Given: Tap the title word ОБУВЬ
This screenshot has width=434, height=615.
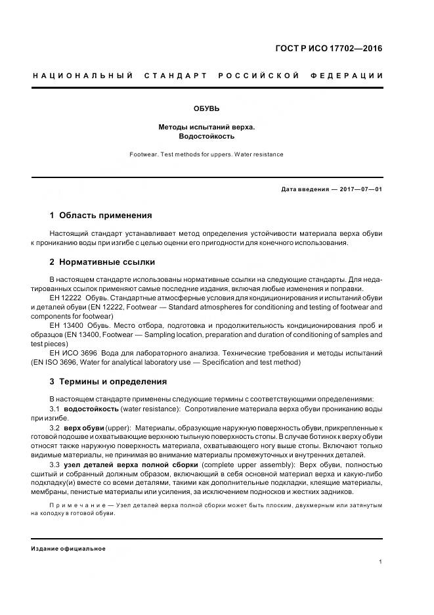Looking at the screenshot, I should (206, 108).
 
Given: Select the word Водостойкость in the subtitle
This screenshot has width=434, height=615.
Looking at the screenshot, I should (206, 137).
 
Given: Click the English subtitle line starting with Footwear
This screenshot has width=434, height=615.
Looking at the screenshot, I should (206, 154).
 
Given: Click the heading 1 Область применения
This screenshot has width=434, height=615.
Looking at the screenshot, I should (101, 215).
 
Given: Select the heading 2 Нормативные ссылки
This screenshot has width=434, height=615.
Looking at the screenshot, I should (102, 262).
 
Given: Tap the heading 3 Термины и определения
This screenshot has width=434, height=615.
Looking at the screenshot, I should (108, 381).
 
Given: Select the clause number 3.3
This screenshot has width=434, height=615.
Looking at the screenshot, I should (55, 465).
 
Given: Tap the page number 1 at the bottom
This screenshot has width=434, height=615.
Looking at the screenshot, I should (381, 562).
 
